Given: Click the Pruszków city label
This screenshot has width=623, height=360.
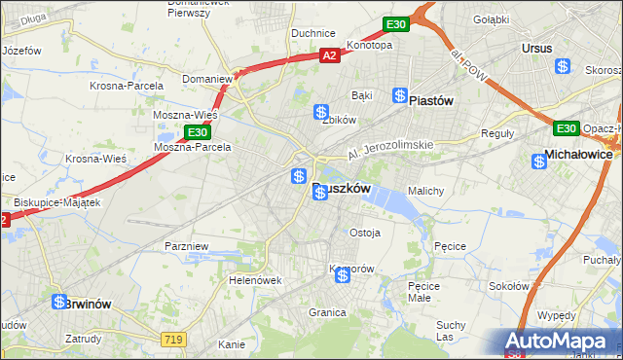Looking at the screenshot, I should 343,191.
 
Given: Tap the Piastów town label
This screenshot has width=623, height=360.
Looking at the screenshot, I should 433,99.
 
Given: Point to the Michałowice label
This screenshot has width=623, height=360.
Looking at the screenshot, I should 578,154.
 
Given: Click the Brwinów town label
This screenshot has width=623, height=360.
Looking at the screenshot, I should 91,304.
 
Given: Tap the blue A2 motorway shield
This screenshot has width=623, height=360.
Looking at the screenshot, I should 330,57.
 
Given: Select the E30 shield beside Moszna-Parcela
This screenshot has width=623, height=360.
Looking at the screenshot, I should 198,131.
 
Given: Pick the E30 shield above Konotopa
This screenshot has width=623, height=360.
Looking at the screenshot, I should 395,23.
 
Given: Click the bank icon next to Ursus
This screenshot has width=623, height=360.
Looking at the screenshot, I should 563,66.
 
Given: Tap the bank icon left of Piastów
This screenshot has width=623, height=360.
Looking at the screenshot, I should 400,94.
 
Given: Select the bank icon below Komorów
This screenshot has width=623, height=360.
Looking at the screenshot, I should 343,276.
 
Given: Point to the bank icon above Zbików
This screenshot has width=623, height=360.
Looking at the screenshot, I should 320,113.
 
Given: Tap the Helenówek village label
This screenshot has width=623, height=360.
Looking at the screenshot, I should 255,279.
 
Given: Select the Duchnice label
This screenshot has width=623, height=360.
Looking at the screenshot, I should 313,32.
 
